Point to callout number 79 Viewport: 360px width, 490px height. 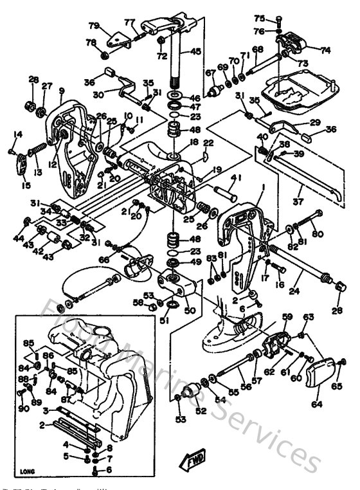point(94,26)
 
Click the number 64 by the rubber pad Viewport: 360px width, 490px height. point(316,405)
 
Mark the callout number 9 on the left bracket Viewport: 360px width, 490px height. point(62,91)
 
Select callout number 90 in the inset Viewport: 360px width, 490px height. point(23,408)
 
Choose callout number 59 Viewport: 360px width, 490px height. point(287,316)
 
